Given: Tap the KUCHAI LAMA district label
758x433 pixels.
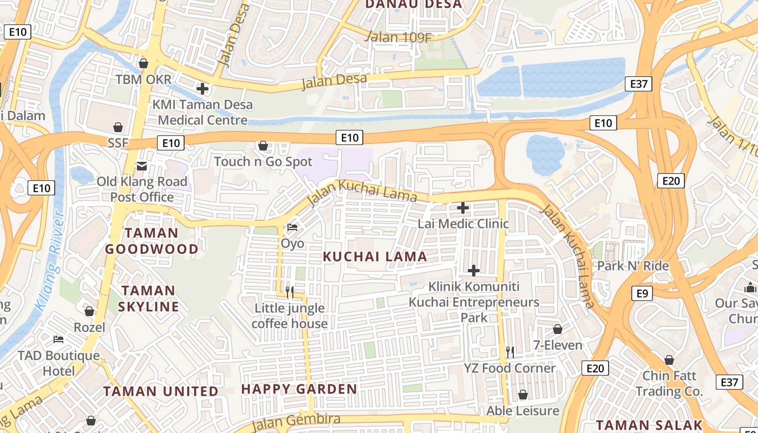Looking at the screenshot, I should pyautogui.click(x=375, y=257).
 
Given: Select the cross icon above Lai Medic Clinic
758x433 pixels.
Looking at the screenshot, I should pyautogui.click(x=463, y=207).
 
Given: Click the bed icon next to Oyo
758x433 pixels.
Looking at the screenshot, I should pyautogui.click(x=292, y=227).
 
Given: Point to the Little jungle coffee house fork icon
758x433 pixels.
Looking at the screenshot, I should pyautogui.click(x=290, y=292).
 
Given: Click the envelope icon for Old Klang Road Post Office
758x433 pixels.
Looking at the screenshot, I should pyautogui.click(x=142, y=166).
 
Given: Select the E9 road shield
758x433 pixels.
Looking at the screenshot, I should pyautogui.click(x=642, y=293).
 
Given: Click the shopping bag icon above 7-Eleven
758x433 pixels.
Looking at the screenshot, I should pyautogui.click(x=558, y=329).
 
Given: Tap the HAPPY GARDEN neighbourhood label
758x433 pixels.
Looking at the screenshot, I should pyautogui.click(x=299, y=389).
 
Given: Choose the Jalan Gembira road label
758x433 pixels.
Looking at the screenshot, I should pyautogui.click(x=296, y=419).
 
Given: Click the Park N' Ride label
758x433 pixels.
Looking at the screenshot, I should pyautogui.click(x=633, y=266).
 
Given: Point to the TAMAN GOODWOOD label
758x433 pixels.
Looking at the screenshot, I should pyautogui.click(x=152, y=241).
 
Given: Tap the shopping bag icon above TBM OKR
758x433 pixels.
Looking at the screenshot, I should pyautogui.click(x=143, y=64).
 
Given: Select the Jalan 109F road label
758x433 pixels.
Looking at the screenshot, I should pyautogui.click(x=399, y=37).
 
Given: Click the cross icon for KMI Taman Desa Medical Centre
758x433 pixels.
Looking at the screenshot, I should pyautogui.click(x=202, y=88).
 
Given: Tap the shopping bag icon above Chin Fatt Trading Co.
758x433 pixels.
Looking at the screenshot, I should pyautogui.click(x=669, y=360).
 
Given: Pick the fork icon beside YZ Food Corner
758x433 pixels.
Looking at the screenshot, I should pyautogui.click(x=509, y=352).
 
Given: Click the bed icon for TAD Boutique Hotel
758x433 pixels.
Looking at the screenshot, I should pyautogui.click(x=58, y=339).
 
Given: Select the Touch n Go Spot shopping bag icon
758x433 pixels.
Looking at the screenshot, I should pyautogui.click(x=263, y=146).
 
